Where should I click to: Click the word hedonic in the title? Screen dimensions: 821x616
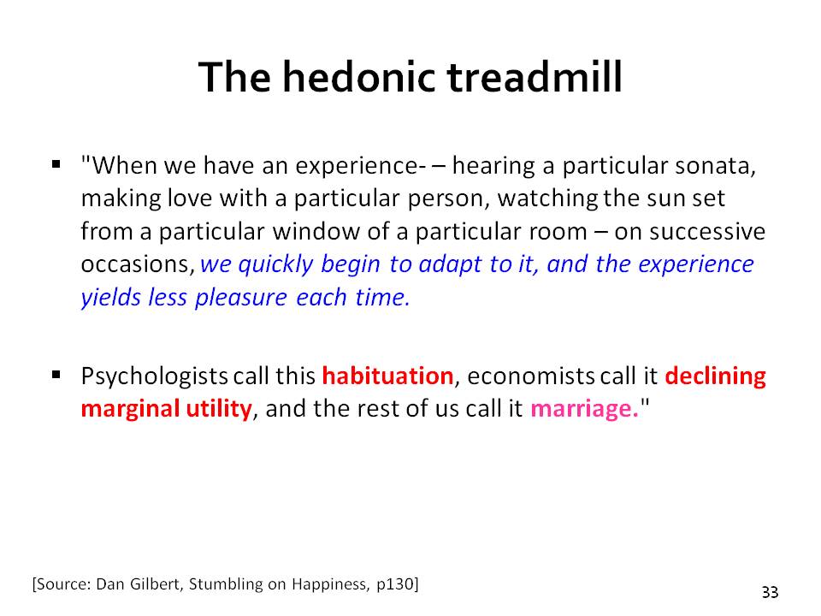coord(360,77)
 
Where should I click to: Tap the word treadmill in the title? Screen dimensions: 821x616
coord(534,77)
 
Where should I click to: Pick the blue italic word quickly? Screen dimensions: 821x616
coord(275,265)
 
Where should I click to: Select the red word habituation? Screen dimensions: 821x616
coord(387,376)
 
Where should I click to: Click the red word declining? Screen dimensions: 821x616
coord(715,377)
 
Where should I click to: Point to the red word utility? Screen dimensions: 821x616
coord(219,409)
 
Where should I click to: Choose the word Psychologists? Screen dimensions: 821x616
coord(154,377)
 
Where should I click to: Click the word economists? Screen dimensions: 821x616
coord(530,376)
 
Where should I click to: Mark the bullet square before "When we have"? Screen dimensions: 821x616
coord(56,165)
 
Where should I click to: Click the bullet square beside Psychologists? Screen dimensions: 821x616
coord(56,375)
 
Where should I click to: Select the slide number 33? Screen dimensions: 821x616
coord(770,592)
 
